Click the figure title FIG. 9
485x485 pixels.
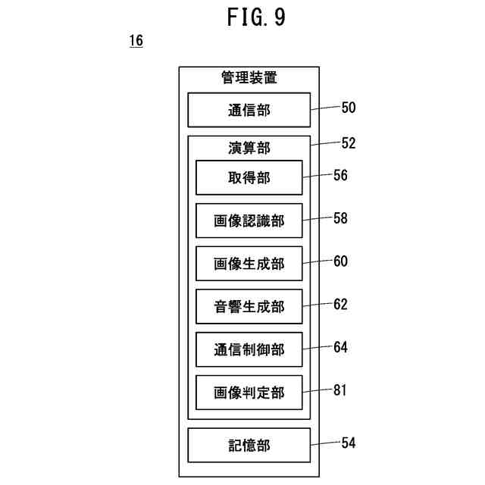(x=256, y=17)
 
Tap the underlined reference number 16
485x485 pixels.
(x=136, y=41)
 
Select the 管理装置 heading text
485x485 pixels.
(x=249, y=77)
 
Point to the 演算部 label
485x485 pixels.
(x=249, y=148)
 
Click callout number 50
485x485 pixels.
(x=349, y=108)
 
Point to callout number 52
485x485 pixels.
(x=349, y=143)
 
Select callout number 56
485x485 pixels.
(x=340, y=175)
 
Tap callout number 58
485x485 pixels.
(x=340, y=218)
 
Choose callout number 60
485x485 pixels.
(x=340, y=261)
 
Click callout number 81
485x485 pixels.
(x=340, y=390)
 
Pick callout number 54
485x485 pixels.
(x=349, y=443)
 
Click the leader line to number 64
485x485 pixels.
(x=318, y=348)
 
